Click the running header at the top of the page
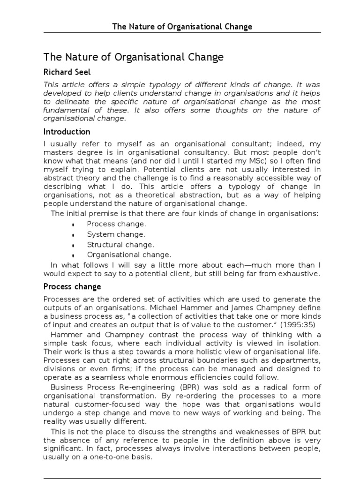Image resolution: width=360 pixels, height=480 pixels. click(x=182, y=26)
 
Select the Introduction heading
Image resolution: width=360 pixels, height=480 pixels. click(x=67, y=131)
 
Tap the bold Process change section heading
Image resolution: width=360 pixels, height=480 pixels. click(x=72, y=286)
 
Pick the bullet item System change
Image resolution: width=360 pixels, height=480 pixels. click(x=116, y=234)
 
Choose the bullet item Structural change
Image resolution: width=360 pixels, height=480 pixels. click(x=120, y=245)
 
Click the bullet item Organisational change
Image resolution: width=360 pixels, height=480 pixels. click(x=129, y=255)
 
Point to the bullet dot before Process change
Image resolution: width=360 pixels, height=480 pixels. click(x=74, y=225)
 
